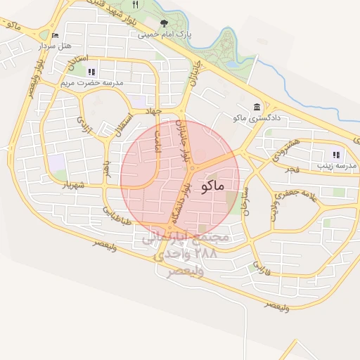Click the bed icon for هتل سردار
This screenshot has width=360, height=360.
(x=56, y=35)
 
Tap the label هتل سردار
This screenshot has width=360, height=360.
(x=56, y=45)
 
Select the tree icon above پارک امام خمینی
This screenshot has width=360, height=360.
(x=165, y=24)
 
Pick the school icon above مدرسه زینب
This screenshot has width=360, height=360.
(x=336, y=155)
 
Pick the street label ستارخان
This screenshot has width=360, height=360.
(x=244, y=204)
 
